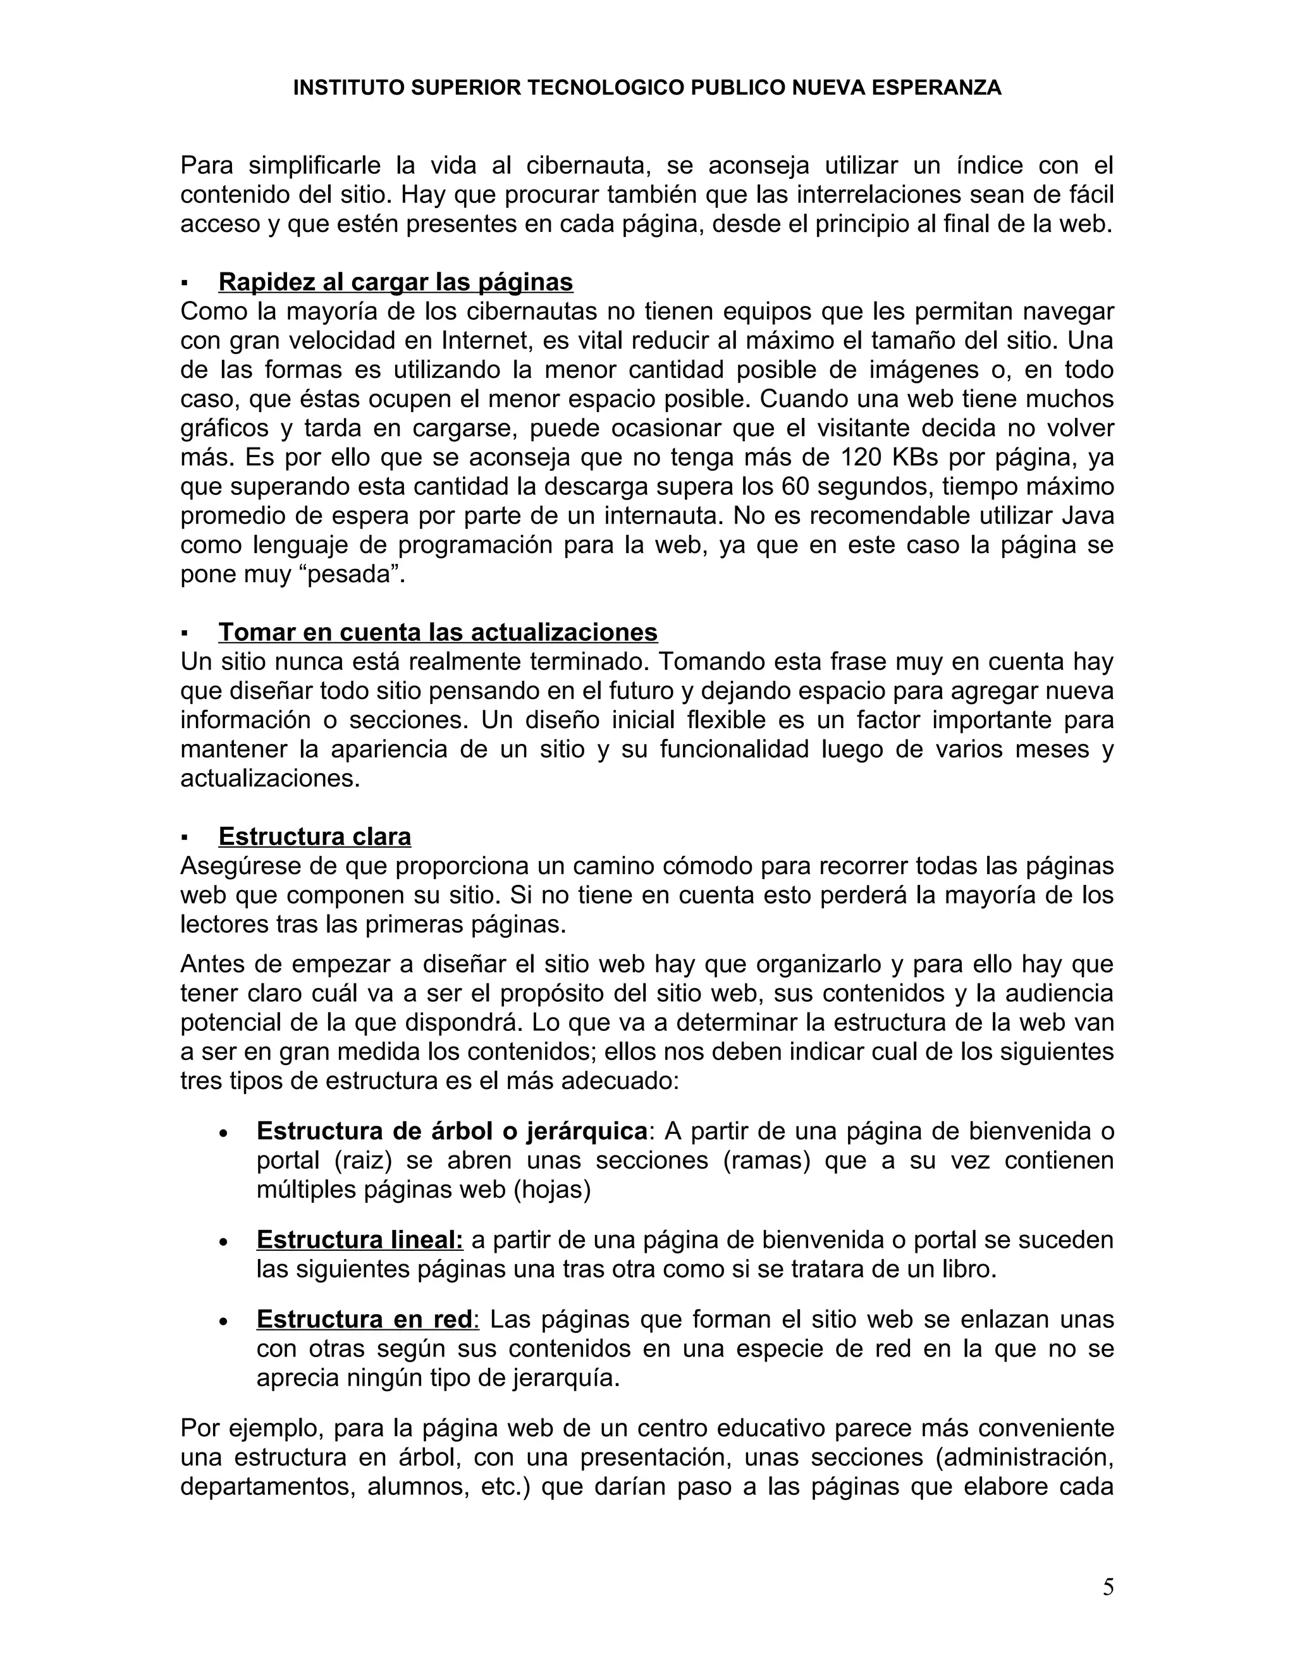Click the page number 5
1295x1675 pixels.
[1108, 1587]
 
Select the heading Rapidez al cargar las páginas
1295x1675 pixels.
[395, 283]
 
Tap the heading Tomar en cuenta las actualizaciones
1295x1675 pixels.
[438, 632]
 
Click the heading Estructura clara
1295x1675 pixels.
[314, 836]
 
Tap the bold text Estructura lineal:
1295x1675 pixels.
[360, 1240]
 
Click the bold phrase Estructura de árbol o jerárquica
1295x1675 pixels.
[452, 1131]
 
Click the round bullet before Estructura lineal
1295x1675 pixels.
[223, 1241]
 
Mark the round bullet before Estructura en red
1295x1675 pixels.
[223, 1320]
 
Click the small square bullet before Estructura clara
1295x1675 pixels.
[184, 837]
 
